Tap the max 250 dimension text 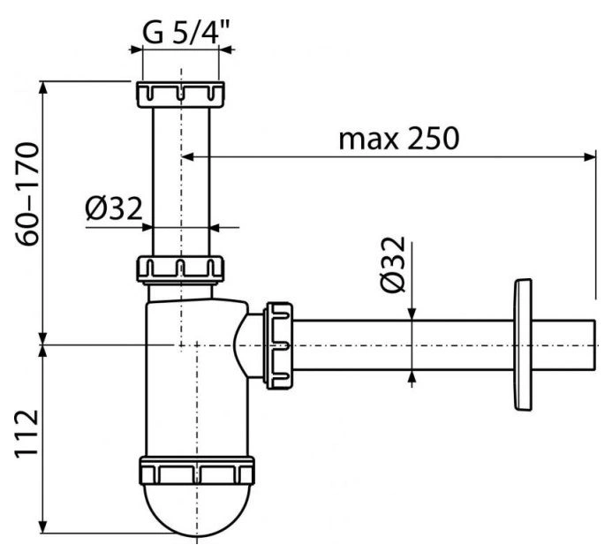pyautogui.click(x=398, y=139)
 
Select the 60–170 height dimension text pyautogui.click(x=27, y=194)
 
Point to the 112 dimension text pyautogui.click(x=26, y=433)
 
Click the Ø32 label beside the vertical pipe pyautogui.click(x=114, y=208)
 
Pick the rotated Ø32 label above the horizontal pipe pyautogui.click(x=393, y=264)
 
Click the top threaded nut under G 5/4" pyautogui.click(x=181, y=94)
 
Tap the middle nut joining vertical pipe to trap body pyautogui.click(x=180, y=269)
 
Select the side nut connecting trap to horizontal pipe pyautogui.click(x=278, y=345)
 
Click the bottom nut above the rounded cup pyautogui.click(x=197, y=471)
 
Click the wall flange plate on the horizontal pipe pyautogui.click(x=523, y=344)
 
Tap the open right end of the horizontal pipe pyautogui.click(x=594, y=345)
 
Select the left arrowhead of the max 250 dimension pyautogui.click(x=188, y=157)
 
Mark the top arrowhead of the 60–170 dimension pyautogui.click(x=44, y=87)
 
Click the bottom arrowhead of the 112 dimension pyautogui.click(x=44, y=526)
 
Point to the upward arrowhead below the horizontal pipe pyautogui.click(x=412, y=376)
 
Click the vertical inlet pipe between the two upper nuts pyautogui.click(x=181, y=181)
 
